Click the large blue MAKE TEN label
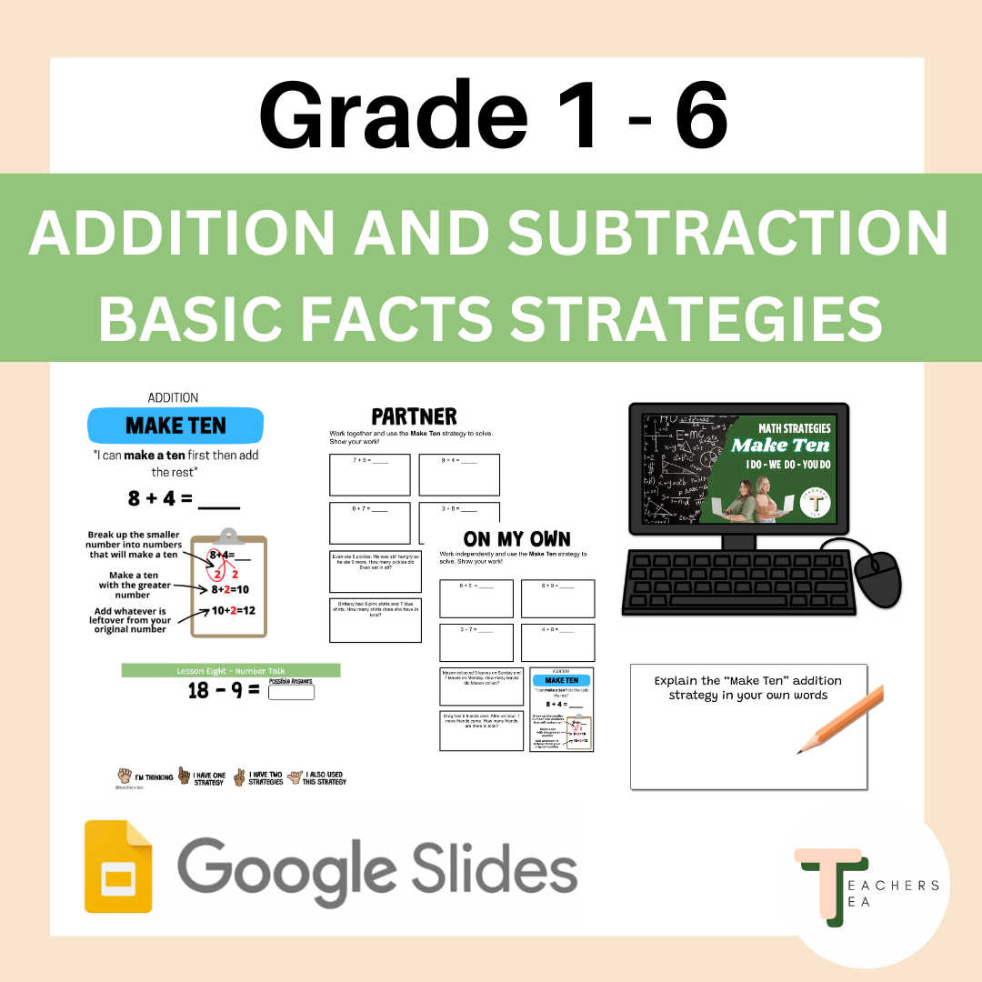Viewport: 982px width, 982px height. pyautogui.click(x=175, y=426)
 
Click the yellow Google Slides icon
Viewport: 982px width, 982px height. pyautogui.click(x=118, y=866)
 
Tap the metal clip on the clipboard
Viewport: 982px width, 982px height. pyautogui.click(x=227, y=536)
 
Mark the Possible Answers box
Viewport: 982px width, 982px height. pyautogui.click(x=291, y=692)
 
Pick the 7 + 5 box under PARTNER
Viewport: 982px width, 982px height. pyautogui.click(x=370, y=474)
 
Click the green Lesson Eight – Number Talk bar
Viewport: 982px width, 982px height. pyautogui.click(x=231, y=670)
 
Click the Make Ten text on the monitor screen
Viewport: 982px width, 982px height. pyautogui.click(x=780, y=445)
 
